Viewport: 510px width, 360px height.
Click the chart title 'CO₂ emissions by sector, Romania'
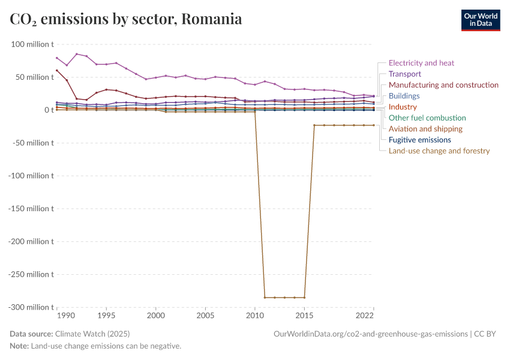pos(126,19)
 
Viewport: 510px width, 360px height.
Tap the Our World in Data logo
pos(480,20)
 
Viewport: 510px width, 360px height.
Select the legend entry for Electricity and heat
pos(421,63)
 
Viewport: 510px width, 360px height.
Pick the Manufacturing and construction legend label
pos(443,85)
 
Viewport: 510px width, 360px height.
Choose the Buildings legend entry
pos(404,96)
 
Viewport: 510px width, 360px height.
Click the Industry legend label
pos(403,107)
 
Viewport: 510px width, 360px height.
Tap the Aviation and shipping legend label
pos(425,129)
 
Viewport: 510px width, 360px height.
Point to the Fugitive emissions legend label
pos(419,140)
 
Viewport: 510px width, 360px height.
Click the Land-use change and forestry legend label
pos(439,151)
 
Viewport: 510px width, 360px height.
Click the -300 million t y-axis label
pos(31,307)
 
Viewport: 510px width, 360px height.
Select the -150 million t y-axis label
pos(31,209)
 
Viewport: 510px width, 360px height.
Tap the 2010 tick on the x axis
pos(255,316)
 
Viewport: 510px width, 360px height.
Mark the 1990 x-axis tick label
pos(66,316)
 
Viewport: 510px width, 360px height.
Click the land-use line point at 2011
pos(265,297)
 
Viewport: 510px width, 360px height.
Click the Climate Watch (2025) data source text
pos(92,334)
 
